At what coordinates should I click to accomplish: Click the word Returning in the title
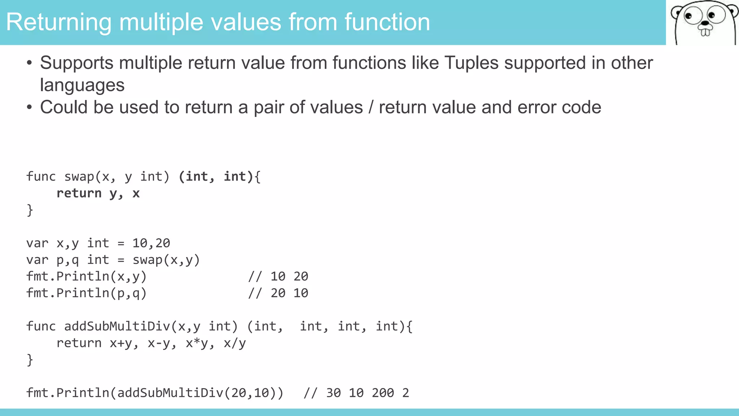coord(59,22)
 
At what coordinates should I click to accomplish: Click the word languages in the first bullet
coord(82,86)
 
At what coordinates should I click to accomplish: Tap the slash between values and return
coord(371,108)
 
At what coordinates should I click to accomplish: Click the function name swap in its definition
coord(79,177)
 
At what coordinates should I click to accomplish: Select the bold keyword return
coord(79,193)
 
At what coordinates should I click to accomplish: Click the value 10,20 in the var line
coord(151,243)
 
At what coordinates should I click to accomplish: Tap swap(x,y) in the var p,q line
coord(166,260)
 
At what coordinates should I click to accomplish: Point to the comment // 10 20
coord(278,276)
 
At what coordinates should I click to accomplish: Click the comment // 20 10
coord(278,293)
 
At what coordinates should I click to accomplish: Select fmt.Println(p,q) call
coord(87,293)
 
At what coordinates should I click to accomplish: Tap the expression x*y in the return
coord(197,343)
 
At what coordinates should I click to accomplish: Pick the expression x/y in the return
coord(235,343)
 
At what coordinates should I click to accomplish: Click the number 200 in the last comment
coord(383,393)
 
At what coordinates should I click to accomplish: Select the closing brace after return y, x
coord(30,210)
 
